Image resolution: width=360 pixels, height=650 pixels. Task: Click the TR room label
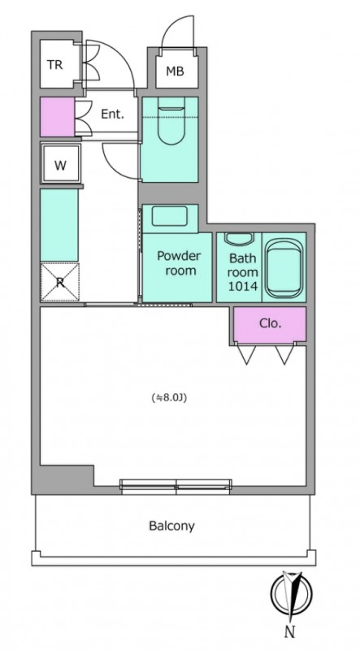tap(54, 65)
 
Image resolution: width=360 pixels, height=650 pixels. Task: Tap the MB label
tap(175, 71)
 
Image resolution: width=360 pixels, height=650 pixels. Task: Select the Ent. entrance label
tap(112, 115)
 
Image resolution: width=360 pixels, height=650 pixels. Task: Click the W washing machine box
tap(61, 165)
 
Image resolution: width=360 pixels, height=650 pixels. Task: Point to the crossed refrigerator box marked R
tap(59, 282)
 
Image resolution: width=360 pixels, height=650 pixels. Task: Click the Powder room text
tap(178, 263)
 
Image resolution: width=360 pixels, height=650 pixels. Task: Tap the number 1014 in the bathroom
tap(243, 286)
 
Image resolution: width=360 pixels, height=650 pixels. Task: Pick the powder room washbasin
tap(169, 216)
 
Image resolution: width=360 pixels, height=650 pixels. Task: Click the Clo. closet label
tap(271, 323)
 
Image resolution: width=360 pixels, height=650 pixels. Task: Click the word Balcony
tap(171, 526)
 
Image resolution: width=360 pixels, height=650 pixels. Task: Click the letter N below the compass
tap(290, 632)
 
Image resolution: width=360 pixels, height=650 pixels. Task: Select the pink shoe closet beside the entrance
tap(57, 116)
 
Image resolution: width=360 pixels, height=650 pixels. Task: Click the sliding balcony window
tap(176, 486)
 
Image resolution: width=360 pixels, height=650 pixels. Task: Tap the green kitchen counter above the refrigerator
tap(59, 226)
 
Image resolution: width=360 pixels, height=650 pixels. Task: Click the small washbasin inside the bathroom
tap(239, 239)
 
